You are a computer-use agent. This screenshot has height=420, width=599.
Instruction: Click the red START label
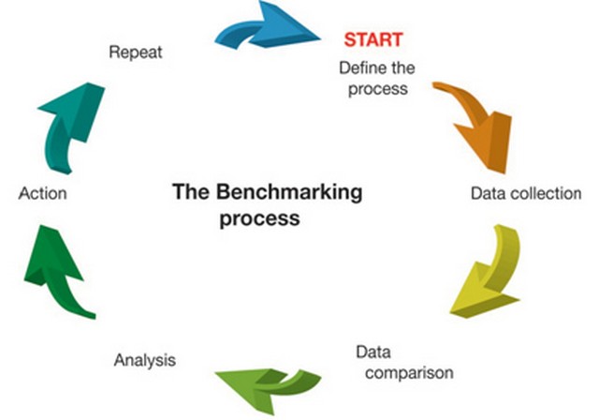pyautogui.click(x=373, y=39)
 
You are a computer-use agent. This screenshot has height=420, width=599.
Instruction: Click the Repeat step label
pyautogui.click(x=135, y=52)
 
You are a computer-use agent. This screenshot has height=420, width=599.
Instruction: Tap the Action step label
pyautogui.click(x=42, y=193)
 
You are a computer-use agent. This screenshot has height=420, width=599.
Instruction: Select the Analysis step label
pyautogui.click(x=145, y=360)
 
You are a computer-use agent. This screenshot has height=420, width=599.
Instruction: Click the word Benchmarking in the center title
pyautogui.click(x=289, y=191)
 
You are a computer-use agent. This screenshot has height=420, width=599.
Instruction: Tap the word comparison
pyautogui.click(x=409, y=372)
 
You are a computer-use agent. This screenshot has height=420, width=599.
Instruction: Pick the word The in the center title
pyautogui.click(x=191, y=191)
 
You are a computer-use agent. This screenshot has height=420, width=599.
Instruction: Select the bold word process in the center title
pyautogui.click(x=259, y=218)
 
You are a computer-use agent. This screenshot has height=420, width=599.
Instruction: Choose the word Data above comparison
pyautogui.click(x=373, y=352)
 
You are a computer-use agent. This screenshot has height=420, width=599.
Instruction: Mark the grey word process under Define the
pyautogui.click(x=378, y=89)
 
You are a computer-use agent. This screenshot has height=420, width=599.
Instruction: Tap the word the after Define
pyautogui.click(x=402, y=68)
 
